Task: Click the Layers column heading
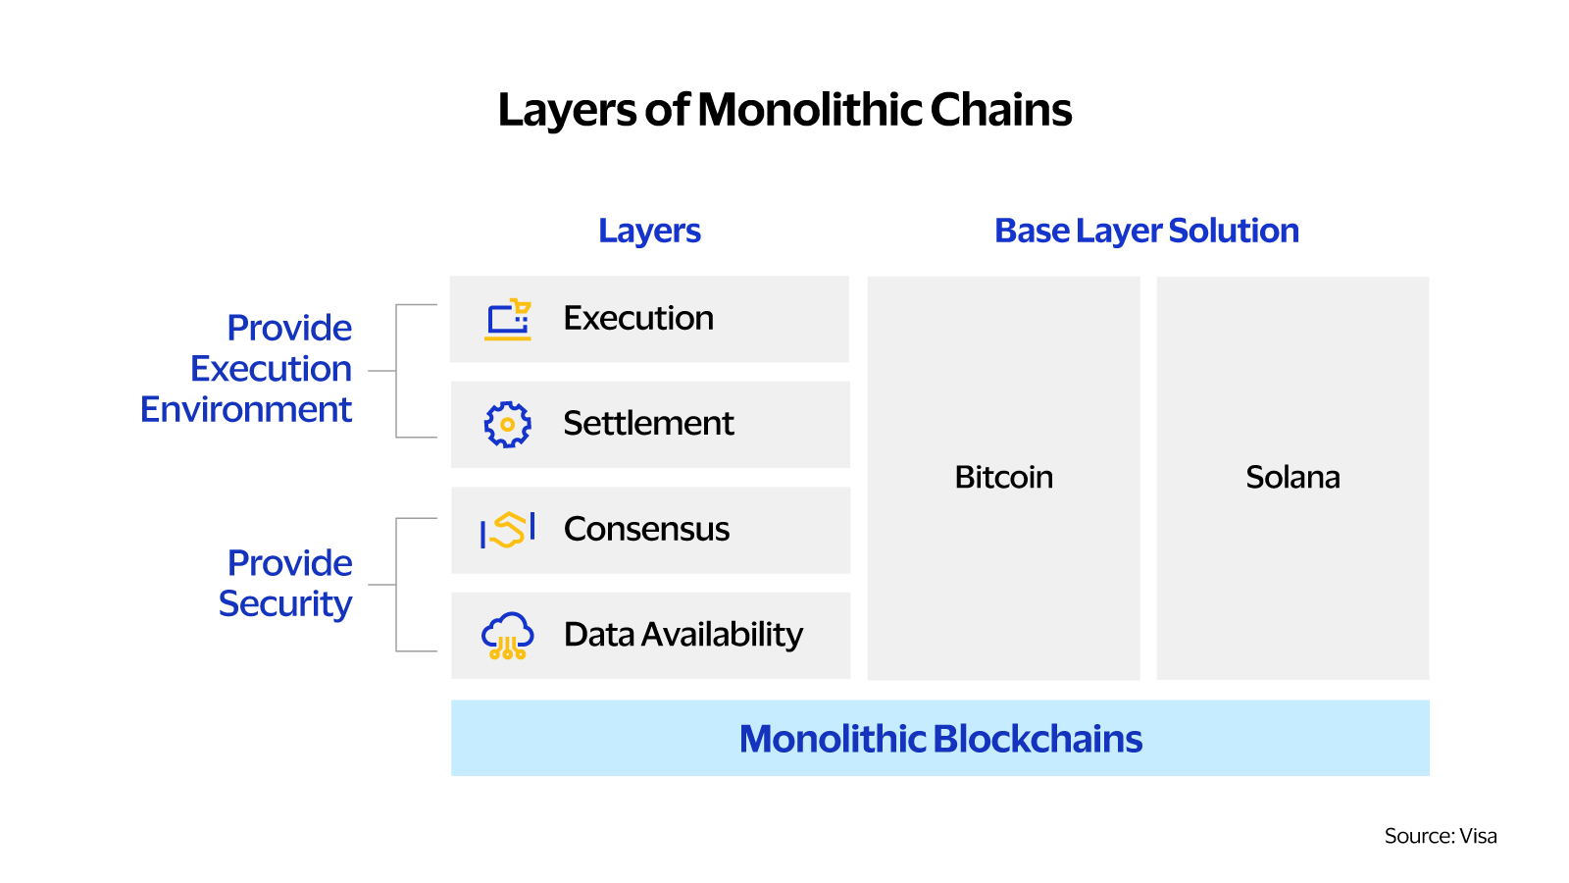(x=649, y=231)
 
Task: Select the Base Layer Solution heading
(x=1145, y=231)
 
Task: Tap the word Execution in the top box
(x=638, y=318)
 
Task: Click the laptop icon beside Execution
(x=508, y=320)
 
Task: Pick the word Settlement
(x=648, y=423)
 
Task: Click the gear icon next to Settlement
(x=508, y=425)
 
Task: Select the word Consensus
(x=646, y=529)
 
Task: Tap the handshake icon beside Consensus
(x=508, y=530)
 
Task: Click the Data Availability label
(x=683, y=634)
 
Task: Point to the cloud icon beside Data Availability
(x=508, y=635)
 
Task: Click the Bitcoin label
(x=1003, y=477)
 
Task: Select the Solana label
(x=1292, y=477)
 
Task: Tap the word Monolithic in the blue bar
(x=833, y=739)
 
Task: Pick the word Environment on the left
(x=246, y=409)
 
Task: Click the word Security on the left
(x=285, y=604)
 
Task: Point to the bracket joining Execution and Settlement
(x=397, y=371)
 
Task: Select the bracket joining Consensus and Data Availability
(x=397, y=585)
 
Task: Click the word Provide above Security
(x=289, y=563)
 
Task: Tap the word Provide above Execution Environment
(x=289, y=328)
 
